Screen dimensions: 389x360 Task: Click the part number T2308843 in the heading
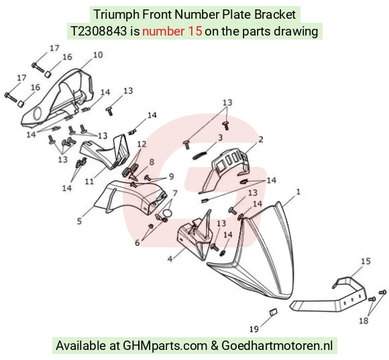(x=99, y=32)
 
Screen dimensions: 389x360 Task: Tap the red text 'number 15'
(x=172, y=32)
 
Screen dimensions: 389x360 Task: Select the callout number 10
(x=98, y=55)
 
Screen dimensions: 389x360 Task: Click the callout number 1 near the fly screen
(x=298, y=192)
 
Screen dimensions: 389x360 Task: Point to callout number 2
(x=260, y=139)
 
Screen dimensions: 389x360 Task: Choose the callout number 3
(x=220, y=137)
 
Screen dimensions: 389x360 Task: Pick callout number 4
(x=170, y=259)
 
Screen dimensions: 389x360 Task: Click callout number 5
(x=79, y=221)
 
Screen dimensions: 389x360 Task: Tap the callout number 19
(x=254, y=329)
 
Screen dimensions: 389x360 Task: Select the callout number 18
(x=364, y=321)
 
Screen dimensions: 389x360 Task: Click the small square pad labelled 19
(x=273, y=312)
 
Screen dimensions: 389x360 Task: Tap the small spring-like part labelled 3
(x=199, y=156)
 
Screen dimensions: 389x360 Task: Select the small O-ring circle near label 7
(x=168, y=213)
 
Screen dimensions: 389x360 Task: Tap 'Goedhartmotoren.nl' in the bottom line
(x=277, y=346)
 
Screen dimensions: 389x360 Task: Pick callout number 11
(x=89, y=182)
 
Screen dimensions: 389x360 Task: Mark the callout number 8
(x=152, y=162)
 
